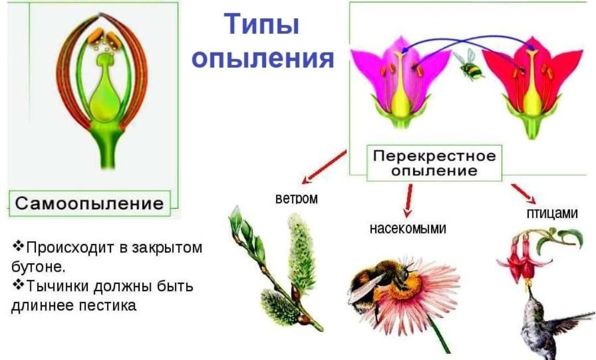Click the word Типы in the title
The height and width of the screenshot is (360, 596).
point(262,25)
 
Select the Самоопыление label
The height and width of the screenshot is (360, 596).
point(90,203)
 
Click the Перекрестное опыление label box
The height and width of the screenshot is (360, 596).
point(434,163)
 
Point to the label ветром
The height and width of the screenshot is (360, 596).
point(296,198)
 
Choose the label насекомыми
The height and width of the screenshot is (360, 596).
point(408,228)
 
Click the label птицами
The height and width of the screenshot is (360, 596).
point(552,213)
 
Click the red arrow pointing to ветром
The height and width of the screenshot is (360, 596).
point(324,166)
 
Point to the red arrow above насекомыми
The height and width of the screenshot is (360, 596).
point(408,200)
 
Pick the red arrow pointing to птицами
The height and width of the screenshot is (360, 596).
point(524,193)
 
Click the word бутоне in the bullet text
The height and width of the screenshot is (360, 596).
point(39,267)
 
